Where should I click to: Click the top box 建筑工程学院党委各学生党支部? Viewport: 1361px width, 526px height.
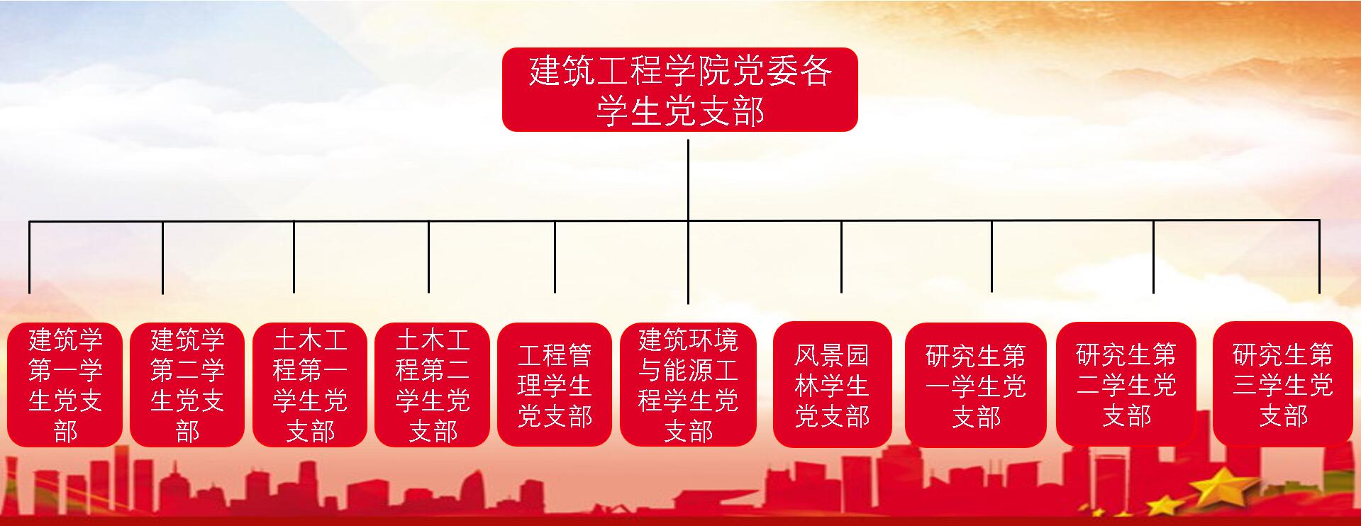(679, 89)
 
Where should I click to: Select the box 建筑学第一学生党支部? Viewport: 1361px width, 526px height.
(65, 385)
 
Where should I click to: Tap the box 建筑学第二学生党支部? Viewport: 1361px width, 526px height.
(187, 385)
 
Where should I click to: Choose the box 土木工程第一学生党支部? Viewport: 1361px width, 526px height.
(310, 385)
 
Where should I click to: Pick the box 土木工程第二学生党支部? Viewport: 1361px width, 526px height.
(432, 385)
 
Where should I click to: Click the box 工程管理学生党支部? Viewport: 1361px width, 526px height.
(555, 385)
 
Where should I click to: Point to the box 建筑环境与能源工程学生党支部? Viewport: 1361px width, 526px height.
(688, 385)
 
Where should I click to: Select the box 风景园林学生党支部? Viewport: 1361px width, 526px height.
(832, 385)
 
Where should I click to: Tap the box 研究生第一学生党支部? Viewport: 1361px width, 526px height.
(975, 385)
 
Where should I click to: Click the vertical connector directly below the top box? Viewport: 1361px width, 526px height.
(688, 180)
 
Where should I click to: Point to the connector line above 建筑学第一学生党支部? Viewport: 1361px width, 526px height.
(30, 257)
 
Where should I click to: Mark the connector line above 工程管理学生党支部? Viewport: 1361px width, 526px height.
(555, 257)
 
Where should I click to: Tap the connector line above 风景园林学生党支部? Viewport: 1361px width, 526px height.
(842, 257)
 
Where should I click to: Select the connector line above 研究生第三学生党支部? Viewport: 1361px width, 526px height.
(1319, 257)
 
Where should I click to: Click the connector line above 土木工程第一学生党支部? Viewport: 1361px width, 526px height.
(294, 257)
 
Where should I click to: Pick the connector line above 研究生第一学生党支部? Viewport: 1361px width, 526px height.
(991, 257)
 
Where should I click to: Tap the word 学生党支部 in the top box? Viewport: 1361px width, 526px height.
(679, 111)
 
